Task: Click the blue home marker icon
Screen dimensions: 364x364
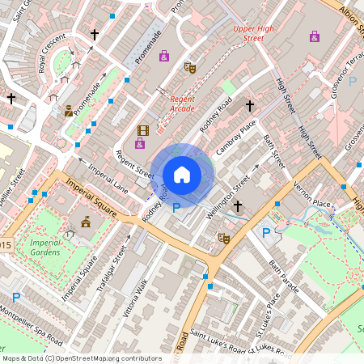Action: click(x=182, y=175)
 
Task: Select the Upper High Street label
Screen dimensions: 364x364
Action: click(x=248, y=33)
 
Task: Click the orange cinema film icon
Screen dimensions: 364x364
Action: click(x=143, y=130)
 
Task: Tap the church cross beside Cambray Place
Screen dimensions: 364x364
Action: click(x=250, y=105)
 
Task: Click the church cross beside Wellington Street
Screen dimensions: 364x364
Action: click(x=237, y=207)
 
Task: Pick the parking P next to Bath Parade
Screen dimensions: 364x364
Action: click(x=266, y=233)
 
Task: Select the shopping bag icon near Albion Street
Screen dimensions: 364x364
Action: click(x=314, y=36)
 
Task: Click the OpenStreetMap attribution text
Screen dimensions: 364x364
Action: click(x=81, y=358)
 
